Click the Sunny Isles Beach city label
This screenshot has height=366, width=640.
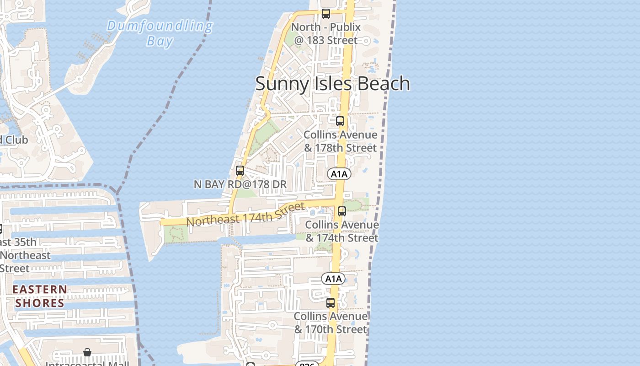click(x=332, y=84)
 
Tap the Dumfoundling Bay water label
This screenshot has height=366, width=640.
click(x=160, y=33)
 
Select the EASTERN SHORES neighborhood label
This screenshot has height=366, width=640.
click(x=40, y=296)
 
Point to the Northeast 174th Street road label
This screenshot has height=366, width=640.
click(x=246, y=214)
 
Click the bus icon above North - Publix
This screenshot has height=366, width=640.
click(x=325, y=14)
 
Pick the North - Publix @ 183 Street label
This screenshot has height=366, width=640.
click(x=326, y=34)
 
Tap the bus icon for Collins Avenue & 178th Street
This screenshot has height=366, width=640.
click(x=340, y=121)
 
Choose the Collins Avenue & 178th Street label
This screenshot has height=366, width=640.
click(x=341, y=141)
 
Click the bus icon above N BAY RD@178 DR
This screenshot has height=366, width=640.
click(x=240, y=171)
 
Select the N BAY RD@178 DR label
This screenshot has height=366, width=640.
click(x=240, y=184)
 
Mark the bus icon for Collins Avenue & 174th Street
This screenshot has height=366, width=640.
click(x=342, y=211)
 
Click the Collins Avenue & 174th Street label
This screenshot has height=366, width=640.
click(x=342, y=231)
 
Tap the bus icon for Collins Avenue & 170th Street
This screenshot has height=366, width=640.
click(x=331, y=303)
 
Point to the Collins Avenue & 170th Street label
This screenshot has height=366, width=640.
click(x=331, y=323)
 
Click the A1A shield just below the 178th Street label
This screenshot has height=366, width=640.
click(x=339, y=174)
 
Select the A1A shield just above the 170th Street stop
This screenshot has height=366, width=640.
click(x=333, y=279)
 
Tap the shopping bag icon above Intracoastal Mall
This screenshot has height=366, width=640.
click(x=87, y=352)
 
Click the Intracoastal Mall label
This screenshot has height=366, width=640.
click(x=87, y=364)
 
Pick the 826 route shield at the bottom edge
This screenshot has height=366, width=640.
click(x=307, y=364)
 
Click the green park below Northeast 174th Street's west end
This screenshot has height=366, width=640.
click(x=175, y=235)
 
